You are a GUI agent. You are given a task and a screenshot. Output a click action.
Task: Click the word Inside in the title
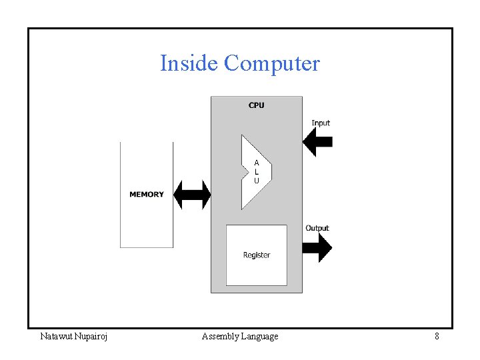click(x=189, y=63)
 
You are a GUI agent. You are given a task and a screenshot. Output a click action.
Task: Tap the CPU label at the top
click(x=256, y=105)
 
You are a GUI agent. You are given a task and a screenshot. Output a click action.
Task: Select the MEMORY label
click(x=146, y=195)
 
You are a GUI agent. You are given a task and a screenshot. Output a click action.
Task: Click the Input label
click(x=321, y=123)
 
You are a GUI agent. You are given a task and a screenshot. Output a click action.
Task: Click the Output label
click(x=317, y=228)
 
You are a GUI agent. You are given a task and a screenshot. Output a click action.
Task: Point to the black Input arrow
click(x=317, y=141)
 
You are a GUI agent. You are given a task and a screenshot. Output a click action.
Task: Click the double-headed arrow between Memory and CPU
click(x=192, y=195)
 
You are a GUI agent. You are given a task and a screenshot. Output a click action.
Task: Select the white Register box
click(x=257, y=267)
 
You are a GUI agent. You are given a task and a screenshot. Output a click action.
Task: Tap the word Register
click(x=257, y=255)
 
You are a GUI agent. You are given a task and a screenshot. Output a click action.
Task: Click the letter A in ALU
click(x=257, y=163)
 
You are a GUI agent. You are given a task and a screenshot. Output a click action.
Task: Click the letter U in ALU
click(x=257, y=181)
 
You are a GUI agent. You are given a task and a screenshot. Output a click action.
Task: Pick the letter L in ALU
click(x=257, y=172)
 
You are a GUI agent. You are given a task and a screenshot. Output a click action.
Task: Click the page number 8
click(x=437, y=337)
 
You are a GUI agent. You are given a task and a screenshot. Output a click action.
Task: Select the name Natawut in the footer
click(x=57, y=337)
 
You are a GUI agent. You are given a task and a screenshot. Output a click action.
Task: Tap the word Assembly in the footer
click(x=221, y=337)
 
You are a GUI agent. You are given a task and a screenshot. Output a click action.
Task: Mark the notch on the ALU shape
click(x=244, y=172)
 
